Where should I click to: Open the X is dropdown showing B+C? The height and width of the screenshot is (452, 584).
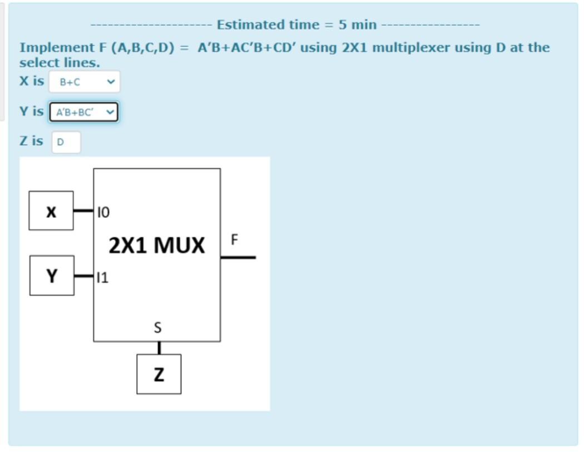pos(84,82)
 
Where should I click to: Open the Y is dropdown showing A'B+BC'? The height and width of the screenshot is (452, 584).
pos(83,112)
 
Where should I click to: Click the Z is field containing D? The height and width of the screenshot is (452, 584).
pos(66,142)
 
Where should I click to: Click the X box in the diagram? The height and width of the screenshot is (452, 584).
pos(51,211)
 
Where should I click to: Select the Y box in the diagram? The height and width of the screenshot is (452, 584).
pos(52,275)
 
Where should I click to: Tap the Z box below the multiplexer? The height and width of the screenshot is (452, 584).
pos(159,374)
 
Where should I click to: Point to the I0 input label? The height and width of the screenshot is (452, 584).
pos(103,212)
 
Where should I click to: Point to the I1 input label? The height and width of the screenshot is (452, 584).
pos(103,277)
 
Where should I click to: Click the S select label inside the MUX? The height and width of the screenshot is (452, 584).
pos(157,328)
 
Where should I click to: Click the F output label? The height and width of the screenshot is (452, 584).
pos(234,240)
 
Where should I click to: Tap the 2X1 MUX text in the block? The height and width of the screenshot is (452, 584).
pos(157,245)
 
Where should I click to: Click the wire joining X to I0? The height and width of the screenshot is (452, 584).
pos(83,211)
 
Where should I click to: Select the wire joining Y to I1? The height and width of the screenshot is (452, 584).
pos(83,275)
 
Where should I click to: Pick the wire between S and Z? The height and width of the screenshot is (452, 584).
pos(159,348)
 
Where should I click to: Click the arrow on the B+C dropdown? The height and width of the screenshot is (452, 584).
pos(111,82)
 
